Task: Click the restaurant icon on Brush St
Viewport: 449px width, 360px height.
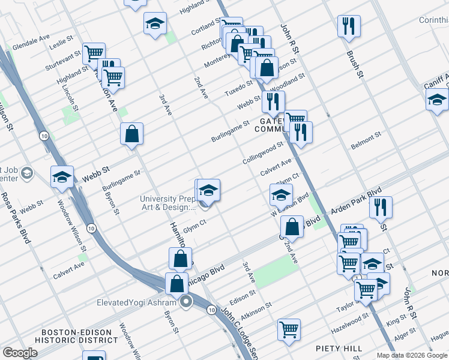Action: pyautogui.click(x=348, y=26)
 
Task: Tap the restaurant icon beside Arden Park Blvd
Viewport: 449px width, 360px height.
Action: pyautogui.click(x=381, y=207)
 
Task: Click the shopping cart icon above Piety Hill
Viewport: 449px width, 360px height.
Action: pyautogui.click(x=289, y=329)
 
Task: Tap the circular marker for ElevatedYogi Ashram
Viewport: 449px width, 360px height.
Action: pyautogui.click(x=186, y=302)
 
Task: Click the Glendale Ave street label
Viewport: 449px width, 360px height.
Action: pyautogui.click(x=31, y=39)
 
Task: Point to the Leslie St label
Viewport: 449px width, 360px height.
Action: pyautogui.click(x=61, y=45)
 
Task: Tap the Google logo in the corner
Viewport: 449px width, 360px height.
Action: pyautogui.click(x=20, y=353)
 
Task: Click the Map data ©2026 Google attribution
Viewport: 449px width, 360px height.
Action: pyautogui.click(x=412, y=355)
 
